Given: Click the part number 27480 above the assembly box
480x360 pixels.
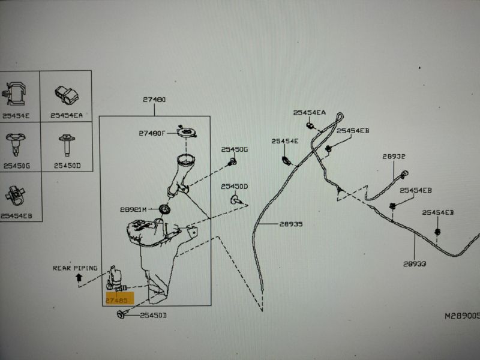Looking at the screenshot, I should point(154,100).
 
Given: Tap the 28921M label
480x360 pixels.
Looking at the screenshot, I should point(133,210).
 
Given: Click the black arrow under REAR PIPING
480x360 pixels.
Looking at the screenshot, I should point(79,277).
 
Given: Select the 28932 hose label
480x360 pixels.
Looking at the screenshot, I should point(394,156).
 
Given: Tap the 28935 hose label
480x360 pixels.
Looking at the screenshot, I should point(291,224).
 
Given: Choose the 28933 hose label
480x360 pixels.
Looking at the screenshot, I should point(415,263).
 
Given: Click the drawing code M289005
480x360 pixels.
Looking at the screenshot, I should point(461,314).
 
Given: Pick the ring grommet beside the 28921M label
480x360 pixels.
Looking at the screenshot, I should point(164,209).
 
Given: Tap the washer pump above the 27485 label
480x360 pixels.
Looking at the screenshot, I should point(116,278).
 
